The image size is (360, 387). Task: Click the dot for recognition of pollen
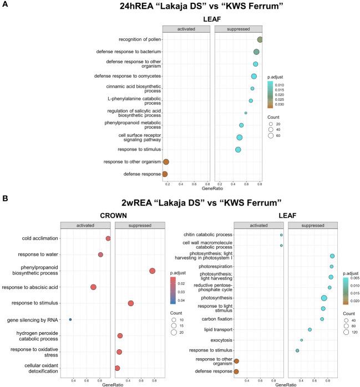tap(260, 39)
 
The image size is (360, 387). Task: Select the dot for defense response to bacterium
tap(256, 52)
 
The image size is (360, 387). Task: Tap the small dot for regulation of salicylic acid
tap(246, 113)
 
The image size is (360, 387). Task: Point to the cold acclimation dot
tap(108, 238)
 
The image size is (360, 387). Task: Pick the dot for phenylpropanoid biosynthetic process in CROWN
tap(153, 271)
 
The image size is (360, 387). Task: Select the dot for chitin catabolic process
tap(282, 235)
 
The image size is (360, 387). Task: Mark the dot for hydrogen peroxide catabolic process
tap(120, 335)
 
